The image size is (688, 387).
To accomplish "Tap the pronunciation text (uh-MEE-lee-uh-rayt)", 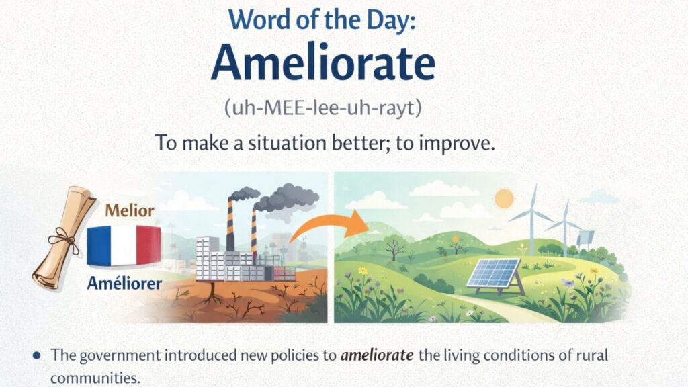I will [x=322, y=107].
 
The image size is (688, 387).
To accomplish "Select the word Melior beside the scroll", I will [x=130, y=210].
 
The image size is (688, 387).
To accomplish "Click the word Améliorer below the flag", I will [x=124, y=284].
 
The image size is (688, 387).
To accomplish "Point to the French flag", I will [x=124, y=245].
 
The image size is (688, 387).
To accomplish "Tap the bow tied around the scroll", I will [x=61, y=236].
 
